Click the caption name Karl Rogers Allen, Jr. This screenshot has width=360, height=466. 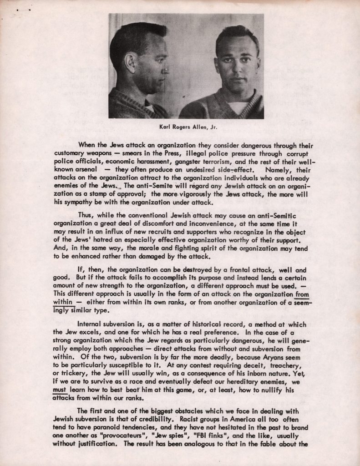tap(186, 127)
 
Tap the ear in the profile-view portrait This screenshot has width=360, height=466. tap(131, 63)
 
